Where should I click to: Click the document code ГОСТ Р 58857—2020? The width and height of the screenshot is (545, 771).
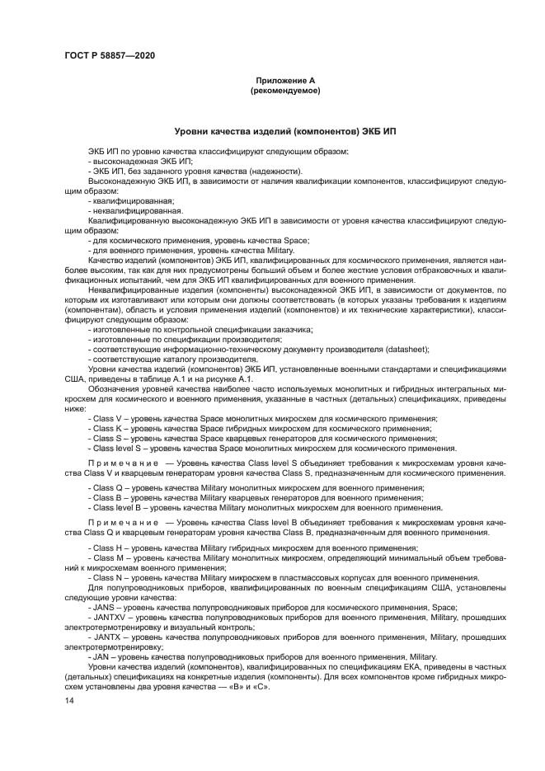(x=109, y=55)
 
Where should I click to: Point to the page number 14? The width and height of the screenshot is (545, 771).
(x=68, y=700)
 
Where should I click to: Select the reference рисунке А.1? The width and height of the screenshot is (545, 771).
(x=239, y=379)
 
